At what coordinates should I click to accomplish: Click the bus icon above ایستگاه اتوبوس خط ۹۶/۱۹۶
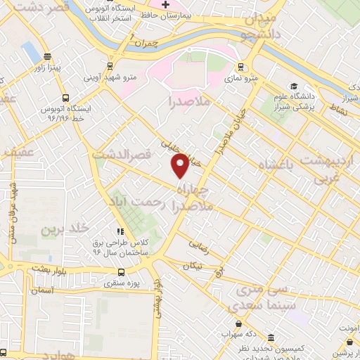click(65, 99)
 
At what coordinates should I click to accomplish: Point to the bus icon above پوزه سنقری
click(122, 272)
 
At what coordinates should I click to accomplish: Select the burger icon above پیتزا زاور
click(48, 57)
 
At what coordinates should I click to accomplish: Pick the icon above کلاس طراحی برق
click(121, 231)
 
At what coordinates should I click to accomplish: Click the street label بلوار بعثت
click(49, 269)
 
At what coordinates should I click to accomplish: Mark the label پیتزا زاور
click(49, 67)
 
